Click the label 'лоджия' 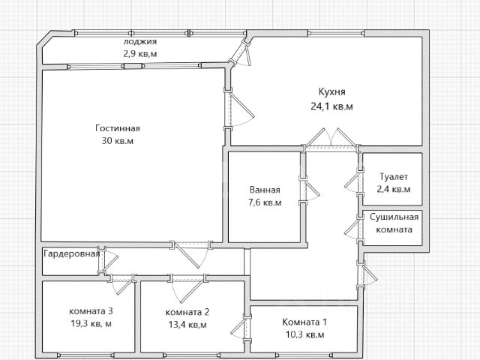click(x=140, y=42)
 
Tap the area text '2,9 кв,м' click(x=140, y=54)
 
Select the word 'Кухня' click(x=331, y=91)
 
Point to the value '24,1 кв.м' click(x=331, y=106)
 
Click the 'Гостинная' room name click(x=118, y=128)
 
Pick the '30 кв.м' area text click(x=118, y=141)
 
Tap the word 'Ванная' click(x=265, y=190)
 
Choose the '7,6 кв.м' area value click(x=265, y=202)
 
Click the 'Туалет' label click(x=394, y=177)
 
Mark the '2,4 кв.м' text click(x=394, y=189)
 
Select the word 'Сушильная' click(x=394, y=217)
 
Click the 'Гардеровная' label click(x=72, y=253)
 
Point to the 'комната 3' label click(x=91, y=311)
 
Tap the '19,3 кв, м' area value click(x=91, y=323)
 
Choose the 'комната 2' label click(x=187, y=312)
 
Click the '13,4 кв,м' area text click(x=187, y=325)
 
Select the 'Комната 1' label click(x=304, y=322)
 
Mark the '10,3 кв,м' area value click(x=304, y=334)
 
